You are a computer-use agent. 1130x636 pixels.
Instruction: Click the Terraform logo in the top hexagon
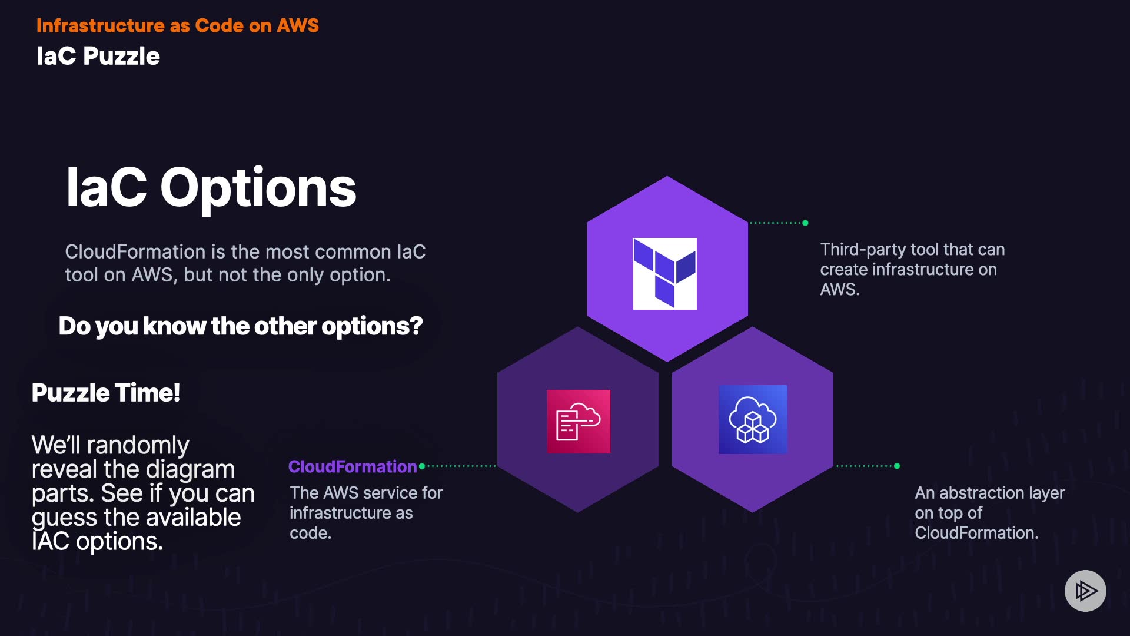(x=664, y=273)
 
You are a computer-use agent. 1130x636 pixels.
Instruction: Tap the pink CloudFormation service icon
(x=578, y=421)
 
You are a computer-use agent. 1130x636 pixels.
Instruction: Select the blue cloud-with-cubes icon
(x=752, y=419)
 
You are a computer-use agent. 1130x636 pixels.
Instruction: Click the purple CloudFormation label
(x=352, y=466)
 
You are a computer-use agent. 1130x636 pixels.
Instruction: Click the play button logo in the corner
(x=1085, y=591)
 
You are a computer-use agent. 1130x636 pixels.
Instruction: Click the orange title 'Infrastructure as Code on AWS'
(x=177, y=25)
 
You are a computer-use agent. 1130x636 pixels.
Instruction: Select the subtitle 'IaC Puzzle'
(x=98, y=56)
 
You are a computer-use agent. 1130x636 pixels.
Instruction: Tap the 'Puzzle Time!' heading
(x=105, y=392)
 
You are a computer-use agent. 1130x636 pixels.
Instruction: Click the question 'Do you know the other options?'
(x=240, y=326)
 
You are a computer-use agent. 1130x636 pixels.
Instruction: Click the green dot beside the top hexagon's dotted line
(x=805, y=223)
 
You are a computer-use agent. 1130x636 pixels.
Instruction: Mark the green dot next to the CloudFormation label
(x=421, y=466)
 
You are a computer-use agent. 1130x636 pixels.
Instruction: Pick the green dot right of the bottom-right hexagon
(x=897, y=466)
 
